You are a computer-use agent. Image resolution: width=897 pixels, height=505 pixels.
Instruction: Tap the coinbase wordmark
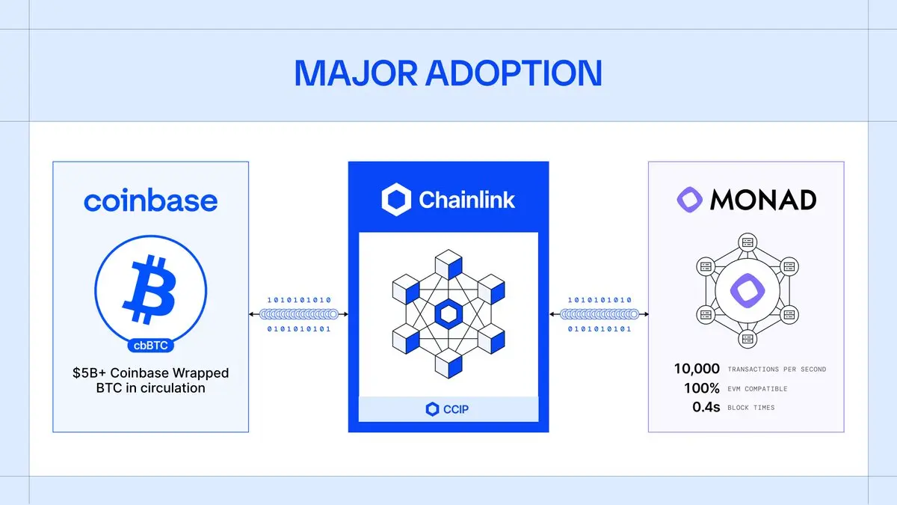[x=150, y=201]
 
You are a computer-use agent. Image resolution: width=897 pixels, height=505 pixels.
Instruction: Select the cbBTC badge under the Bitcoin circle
[x=151, y=346]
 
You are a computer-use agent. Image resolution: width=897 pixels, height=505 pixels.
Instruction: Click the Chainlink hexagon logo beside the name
[x=396, y=200]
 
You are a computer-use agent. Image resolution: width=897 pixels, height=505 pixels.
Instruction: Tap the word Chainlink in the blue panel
[x=467, y=200]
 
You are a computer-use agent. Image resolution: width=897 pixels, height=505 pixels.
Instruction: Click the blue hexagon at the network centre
[x=449, y=314]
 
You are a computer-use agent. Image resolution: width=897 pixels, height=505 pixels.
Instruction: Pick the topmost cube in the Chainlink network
[x=449, y=265]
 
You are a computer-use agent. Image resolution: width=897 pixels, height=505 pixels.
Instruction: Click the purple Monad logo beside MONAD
[x=691, y=199]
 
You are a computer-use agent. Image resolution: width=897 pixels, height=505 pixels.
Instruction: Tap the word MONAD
[x=762, y=200]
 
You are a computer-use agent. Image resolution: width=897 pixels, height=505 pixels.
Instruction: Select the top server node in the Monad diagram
[x=746, y=241]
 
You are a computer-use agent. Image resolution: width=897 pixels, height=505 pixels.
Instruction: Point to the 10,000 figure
[x=697, y=369]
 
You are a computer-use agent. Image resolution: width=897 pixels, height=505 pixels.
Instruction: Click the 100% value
[x=701, y=388]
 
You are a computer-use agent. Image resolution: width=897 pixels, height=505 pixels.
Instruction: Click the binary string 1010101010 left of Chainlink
[x=298, y=300]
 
